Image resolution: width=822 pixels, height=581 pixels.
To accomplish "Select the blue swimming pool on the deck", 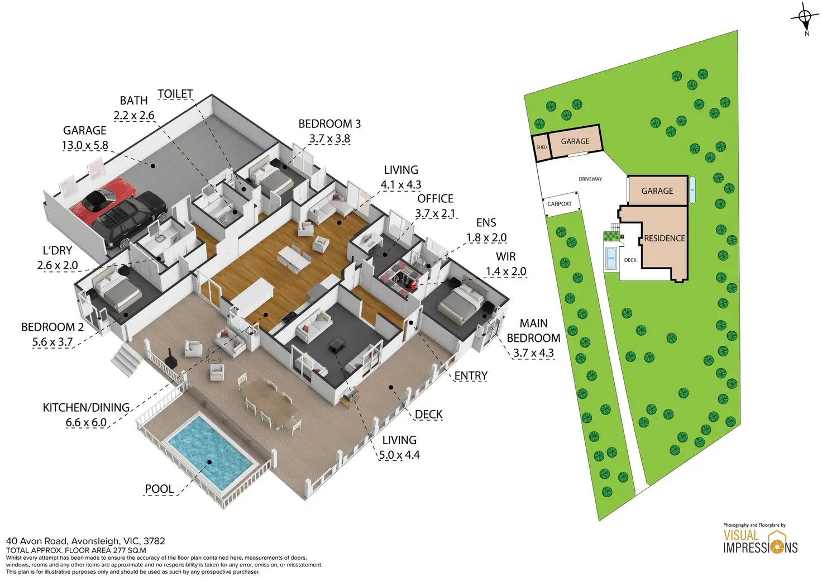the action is [x=210, y=451].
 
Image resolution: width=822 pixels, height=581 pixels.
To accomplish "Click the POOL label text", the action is [x=159, y=489].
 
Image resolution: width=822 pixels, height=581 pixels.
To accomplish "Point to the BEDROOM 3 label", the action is [x=329, y=123].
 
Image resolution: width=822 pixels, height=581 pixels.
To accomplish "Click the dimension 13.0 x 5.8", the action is [x=85, y=145].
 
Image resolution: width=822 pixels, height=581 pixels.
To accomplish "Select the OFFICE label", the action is [x=435, y=198].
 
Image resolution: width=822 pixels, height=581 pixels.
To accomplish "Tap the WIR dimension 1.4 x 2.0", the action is [x=506, y=272].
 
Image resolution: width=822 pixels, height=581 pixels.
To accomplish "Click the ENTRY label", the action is [x=471, y=376].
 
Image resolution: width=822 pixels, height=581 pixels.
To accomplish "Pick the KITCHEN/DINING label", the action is [x=86, y=407].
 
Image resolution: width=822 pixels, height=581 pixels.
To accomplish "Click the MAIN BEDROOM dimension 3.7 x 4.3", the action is [x=533, y=353].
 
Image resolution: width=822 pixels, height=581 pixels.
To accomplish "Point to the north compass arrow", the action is [x=805, y=18].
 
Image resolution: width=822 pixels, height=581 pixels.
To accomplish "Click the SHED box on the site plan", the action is [x=541, y=147].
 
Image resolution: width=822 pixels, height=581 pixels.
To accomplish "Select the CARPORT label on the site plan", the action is [x=559, y=204].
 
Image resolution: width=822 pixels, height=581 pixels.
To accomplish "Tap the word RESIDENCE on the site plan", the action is [x=664, y=238].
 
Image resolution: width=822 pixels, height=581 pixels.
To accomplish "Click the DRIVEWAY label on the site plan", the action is [x=590, y=179].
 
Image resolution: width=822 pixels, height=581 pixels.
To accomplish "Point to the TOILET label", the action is [x=175, y=94].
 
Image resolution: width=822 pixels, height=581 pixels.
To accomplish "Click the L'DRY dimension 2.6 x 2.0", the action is [x=58, y=265].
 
